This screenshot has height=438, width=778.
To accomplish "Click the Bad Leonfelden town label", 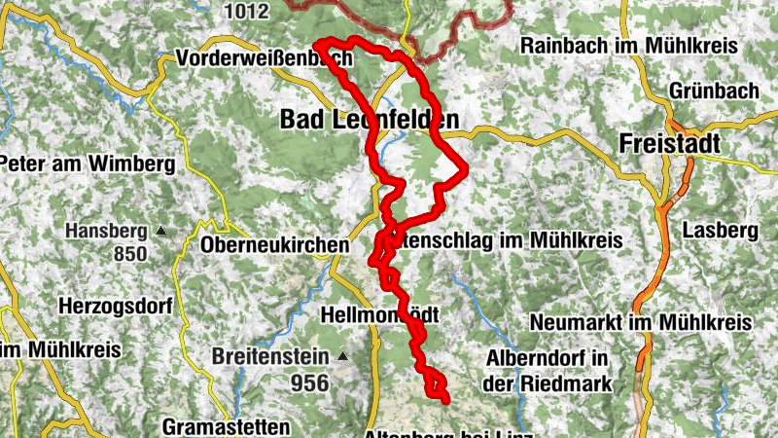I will (x=369, y=120).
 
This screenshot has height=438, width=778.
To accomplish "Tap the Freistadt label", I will (x=670, y=144).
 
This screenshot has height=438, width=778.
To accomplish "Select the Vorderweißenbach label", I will (x=264, y=60).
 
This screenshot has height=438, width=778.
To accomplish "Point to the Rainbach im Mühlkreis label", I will (x=629, y=46).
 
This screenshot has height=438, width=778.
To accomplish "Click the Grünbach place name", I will (x=714, y=91).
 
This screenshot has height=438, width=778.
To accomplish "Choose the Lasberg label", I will (x=720, y=232).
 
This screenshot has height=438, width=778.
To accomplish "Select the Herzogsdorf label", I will (x=114, y=306).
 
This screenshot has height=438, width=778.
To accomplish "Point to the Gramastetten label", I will (x=226, y=426).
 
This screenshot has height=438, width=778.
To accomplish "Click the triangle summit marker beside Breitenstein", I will (x=342, y=357).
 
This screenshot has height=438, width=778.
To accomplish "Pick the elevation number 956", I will (x=309, y=383).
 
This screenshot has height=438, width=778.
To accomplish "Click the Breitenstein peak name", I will (x=272, y=357).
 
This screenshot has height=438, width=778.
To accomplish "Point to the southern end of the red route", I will (x=445, y=399).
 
